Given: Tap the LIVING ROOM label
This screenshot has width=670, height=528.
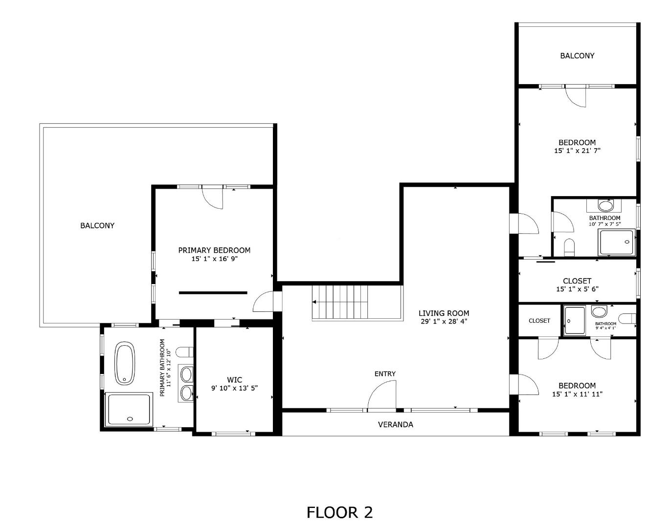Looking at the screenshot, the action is point(444,313).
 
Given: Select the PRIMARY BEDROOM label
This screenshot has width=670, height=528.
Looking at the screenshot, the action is point(214,250).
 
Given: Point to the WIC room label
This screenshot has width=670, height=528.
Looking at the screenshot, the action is point(234,380).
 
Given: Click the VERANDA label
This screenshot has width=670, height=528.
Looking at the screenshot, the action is point(396,425).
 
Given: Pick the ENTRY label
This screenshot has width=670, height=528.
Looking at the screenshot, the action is point(385,374).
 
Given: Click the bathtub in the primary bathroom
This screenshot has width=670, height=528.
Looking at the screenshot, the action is point(125,363).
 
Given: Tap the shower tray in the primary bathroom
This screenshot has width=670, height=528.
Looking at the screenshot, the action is point(129,409).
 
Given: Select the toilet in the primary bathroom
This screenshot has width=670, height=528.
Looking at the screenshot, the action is point(184,352).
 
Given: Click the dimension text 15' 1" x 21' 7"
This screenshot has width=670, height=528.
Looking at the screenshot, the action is point(577,151).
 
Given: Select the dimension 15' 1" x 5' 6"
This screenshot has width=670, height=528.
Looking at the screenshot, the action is point(577,289).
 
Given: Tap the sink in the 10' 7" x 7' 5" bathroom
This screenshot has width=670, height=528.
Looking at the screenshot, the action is point(605,206).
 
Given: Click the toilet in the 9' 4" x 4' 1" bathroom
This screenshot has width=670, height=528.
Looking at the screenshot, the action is point(626,319).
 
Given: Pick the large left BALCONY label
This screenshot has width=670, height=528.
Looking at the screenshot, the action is point(97,226).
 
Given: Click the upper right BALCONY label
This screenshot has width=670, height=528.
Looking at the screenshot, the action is point(577,56).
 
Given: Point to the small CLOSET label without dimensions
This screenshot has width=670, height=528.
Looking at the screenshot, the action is point(539,321).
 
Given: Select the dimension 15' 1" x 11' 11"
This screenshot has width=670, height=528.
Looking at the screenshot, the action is point(577,394).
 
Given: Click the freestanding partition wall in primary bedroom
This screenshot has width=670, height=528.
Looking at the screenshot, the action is point(213,293).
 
